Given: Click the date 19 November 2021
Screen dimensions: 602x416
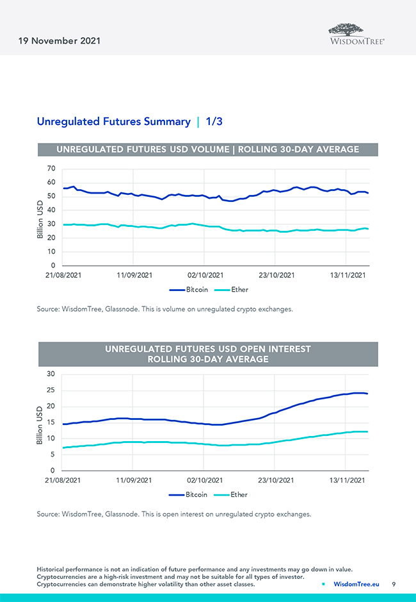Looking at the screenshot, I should [x=56, y=41].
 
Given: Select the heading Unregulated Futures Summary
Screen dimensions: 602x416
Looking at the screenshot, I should [x=113, y=121].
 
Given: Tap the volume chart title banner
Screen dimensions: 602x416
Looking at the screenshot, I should [x=208, y=149].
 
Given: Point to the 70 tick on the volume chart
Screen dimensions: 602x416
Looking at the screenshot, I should [x=51, y=169].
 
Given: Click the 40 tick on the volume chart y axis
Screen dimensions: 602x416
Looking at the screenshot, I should [x=51, y=210].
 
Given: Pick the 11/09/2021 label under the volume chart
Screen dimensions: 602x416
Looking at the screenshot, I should [x=133, y=276].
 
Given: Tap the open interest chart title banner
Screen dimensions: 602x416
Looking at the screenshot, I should [x=208, y=354].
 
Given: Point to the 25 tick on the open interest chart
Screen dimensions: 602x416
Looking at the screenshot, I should [x=51, y=390].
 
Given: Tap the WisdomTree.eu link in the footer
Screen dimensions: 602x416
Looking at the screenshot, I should [x=356, y=584].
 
